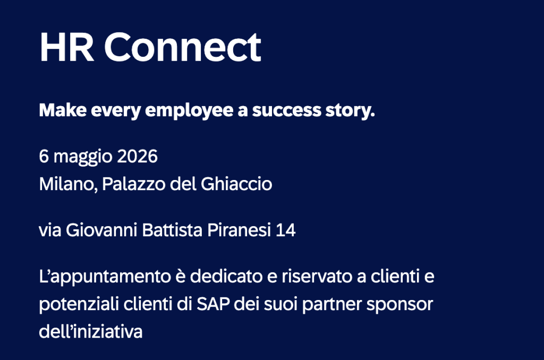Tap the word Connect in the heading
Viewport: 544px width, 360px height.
182,47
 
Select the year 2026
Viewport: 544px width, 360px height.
138,157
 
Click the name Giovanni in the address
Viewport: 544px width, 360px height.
101,232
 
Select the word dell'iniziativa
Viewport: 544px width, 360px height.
91,332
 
